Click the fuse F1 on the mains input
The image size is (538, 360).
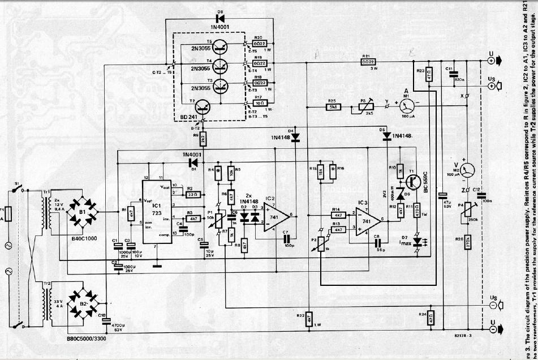point(8,216)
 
